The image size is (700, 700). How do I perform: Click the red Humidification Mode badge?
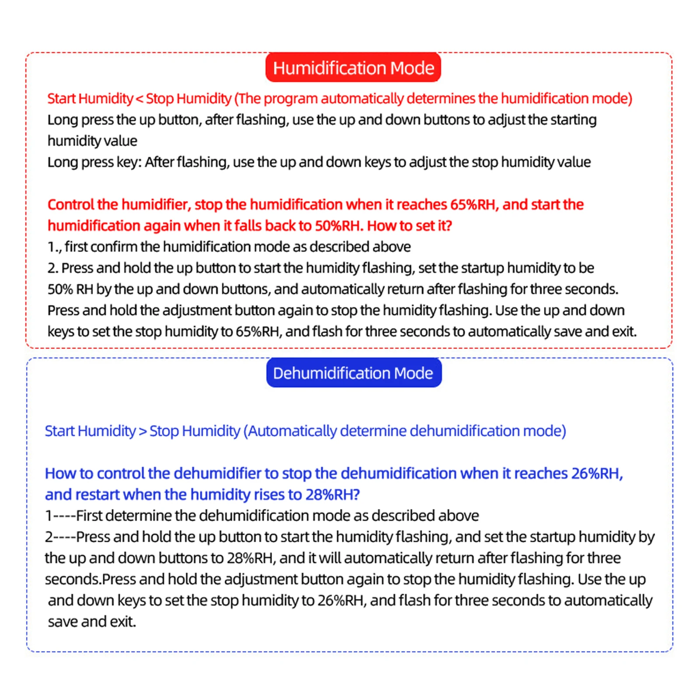click(x=353, y=68)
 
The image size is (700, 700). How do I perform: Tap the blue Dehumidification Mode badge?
click(x=353, y=373)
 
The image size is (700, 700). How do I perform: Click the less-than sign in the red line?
click(x=139, y=99)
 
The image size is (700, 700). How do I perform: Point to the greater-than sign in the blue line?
click(x=143, y=431)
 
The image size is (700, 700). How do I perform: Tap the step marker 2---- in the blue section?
click(x=60, y=537)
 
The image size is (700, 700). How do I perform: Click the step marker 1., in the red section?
click(x=54, y=247)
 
